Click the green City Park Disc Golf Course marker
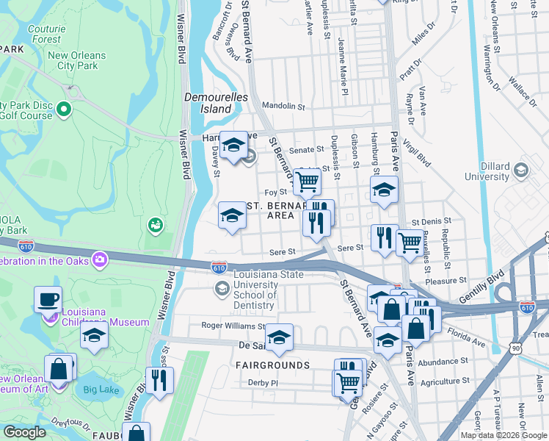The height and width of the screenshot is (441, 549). point(63,110)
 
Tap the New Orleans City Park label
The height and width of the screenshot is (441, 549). point(77,60)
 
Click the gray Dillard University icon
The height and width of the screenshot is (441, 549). point(520,171)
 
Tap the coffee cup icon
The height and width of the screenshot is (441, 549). point(48,298)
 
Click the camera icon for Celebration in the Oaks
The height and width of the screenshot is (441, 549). point(99,259)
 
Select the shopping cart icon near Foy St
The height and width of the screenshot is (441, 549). point(308,180)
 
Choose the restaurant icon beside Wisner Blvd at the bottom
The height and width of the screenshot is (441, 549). point(159,379)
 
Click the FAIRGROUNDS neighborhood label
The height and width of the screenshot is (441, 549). point(272,365)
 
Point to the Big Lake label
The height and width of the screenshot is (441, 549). point(100,389)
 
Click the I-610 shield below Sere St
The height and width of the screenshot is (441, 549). point(219,268)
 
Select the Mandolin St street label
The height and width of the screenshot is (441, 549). point(283,107)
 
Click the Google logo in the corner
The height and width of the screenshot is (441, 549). point(24,432)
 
